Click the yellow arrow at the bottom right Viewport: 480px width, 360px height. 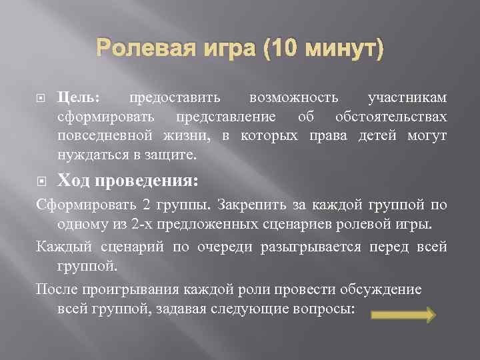[x=403, y=315]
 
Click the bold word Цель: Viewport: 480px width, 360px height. [x=79, y=98]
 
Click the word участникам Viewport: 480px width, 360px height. [x=407, y=98]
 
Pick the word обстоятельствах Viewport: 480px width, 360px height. [x=391, y=117]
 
